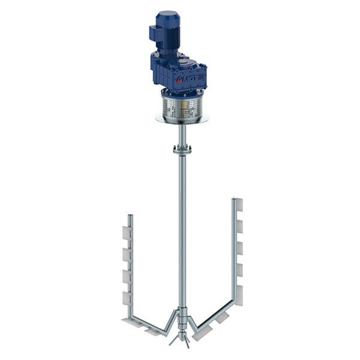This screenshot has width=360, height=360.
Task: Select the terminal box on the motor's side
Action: tap(155, 33)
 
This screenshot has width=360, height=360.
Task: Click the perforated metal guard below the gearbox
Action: tap(182, 108)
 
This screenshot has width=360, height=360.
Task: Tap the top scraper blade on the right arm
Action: tap(239, 205)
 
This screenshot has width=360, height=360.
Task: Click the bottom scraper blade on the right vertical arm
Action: tap(239, 295)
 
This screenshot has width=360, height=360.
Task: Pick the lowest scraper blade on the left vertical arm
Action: tap(127, 298)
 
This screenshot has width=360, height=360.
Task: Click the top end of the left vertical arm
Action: tap(130, 217)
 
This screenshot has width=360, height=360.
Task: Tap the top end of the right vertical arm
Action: tap(235, 200)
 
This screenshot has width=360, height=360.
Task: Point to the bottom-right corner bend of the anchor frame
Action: tap(233, 304)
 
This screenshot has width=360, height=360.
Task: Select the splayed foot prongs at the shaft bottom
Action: tap(182, 340)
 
